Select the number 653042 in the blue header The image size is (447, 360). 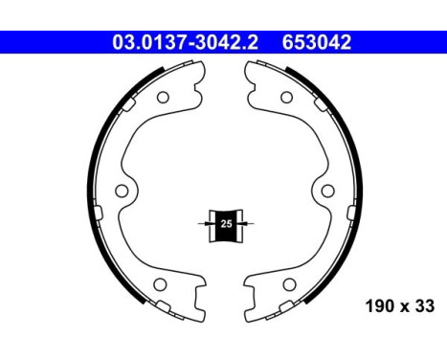point(316,42)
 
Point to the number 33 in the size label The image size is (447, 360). point(425,307)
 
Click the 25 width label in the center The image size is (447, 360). point(226,222)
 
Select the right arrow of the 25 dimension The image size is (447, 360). point(249,222)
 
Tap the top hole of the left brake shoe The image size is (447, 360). point(163,97)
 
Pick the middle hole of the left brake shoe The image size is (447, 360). point(122,191)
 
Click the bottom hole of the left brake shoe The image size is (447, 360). point(163,285)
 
